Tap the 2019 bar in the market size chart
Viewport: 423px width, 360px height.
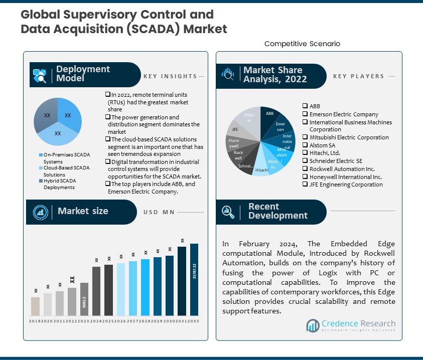[35, 306]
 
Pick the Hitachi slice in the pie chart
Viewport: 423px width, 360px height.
[261, 169]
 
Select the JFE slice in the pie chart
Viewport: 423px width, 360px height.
[235, 129]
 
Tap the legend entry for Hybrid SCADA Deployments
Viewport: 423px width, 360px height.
[59, 184]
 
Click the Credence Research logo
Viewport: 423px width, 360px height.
[351, 326]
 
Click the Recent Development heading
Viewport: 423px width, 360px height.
[277, 211]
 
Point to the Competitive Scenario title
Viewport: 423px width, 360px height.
[302, 44]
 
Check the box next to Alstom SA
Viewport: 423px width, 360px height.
[305, 145]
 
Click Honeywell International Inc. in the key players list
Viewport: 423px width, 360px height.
[345, 177]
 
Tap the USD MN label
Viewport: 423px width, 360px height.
[158, 212]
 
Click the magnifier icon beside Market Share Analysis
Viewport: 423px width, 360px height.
[228, 75]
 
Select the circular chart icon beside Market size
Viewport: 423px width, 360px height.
[40, 212]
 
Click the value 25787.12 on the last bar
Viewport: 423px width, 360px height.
[194, 271]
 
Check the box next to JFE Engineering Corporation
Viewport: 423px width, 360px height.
[305, 185]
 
